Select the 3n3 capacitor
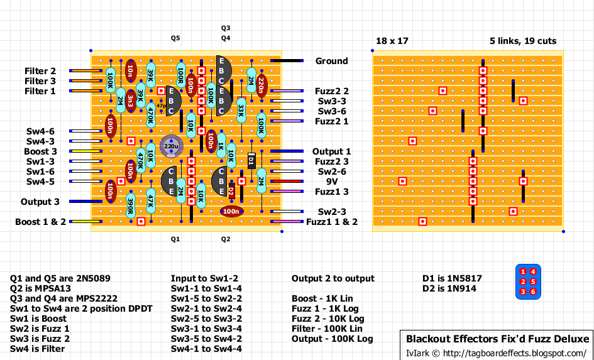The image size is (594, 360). tap(130, 100)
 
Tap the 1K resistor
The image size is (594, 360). tap(221, 145)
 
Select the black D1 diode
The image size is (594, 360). tap(251, 161)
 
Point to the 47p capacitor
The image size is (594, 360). tap(162, 106)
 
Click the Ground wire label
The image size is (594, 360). tap(331, 61)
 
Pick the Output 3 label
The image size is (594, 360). tap(40, 202)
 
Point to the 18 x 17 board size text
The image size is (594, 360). tap(392, 41)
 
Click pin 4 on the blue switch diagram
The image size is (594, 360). tap(533, 272)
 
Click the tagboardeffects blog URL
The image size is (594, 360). tap(515, 352)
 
